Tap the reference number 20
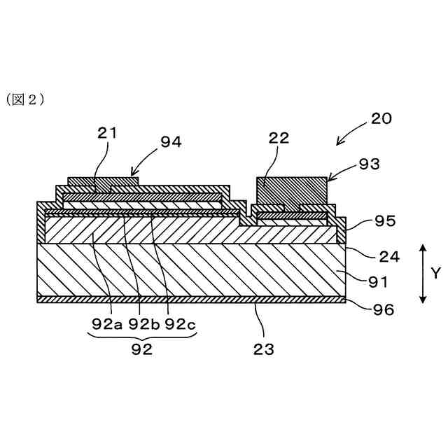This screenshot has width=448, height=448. (381, 118)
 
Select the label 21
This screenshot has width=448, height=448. (108, 133)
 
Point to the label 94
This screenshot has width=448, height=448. (171, 141)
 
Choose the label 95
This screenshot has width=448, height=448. (385, 221)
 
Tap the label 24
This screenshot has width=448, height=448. (388, 256)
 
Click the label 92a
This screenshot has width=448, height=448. (107, 323)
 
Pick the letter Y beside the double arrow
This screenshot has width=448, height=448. (435, 274)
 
